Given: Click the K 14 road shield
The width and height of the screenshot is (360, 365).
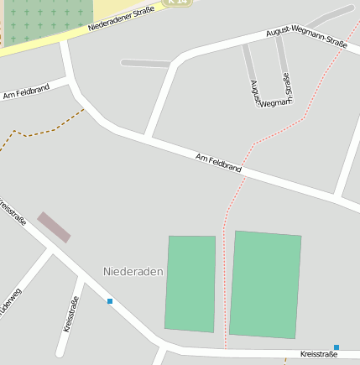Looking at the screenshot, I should tap(177, 3).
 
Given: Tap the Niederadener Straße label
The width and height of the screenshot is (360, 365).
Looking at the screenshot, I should tap(124, 17).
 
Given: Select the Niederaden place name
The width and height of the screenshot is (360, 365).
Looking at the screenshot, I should tap(133, 272).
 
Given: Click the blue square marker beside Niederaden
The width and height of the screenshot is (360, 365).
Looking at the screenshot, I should tap(110, 300).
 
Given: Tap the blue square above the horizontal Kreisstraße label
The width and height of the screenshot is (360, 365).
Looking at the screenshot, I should tap(337, 347).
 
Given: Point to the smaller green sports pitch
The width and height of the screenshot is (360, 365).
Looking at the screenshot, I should tap(190, 284).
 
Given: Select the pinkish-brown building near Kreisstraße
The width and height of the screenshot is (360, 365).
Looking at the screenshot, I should tap(54, 227).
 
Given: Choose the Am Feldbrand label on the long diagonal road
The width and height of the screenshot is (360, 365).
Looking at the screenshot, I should tap(218, 163).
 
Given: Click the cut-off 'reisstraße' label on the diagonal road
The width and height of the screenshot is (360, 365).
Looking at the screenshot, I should tap(13, 211).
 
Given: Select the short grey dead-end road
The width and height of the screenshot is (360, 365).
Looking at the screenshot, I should tap(144, 62).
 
